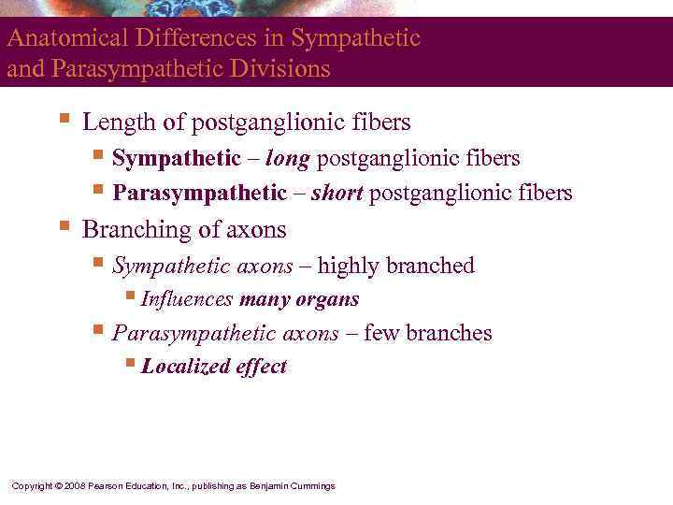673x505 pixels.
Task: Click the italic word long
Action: point(288,159)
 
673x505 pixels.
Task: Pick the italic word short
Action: point(337,194)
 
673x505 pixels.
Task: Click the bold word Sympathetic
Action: point(176,159)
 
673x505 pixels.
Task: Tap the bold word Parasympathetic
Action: point(198,194)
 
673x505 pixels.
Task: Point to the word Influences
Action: point(187,300)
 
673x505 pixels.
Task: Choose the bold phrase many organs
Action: point(299,300)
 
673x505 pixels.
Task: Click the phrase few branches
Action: point(428,333)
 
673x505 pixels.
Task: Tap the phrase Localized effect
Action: point(214,367)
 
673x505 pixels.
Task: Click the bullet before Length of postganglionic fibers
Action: point(64,121)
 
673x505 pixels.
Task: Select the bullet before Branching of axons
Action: point(64,227)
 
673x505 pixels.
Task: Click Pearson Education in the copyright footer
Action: point(127,486)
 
